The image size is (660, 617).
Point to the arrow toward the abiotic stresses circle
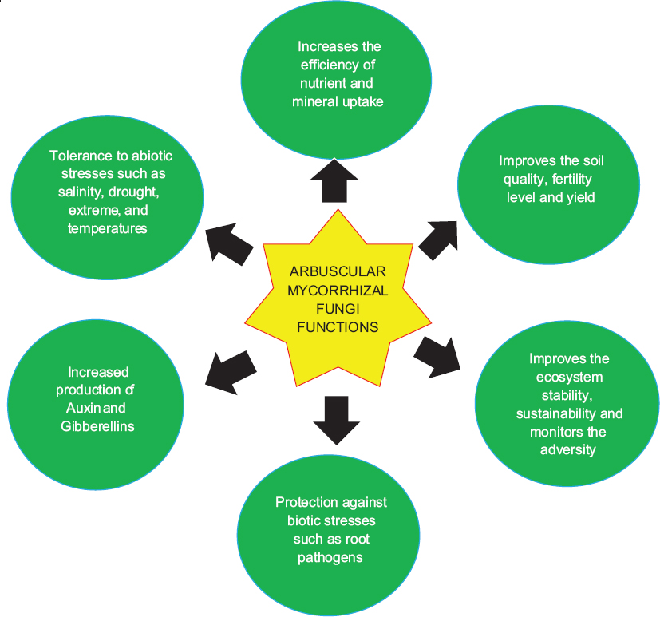231,241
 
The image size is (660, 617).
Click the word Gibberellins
97,425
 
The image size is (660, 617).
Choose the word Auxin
78,408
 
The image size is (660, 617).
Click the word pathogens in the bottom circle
330,556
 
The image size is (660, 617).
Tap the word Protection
306,502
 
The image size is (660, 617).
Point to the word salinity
73,192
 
